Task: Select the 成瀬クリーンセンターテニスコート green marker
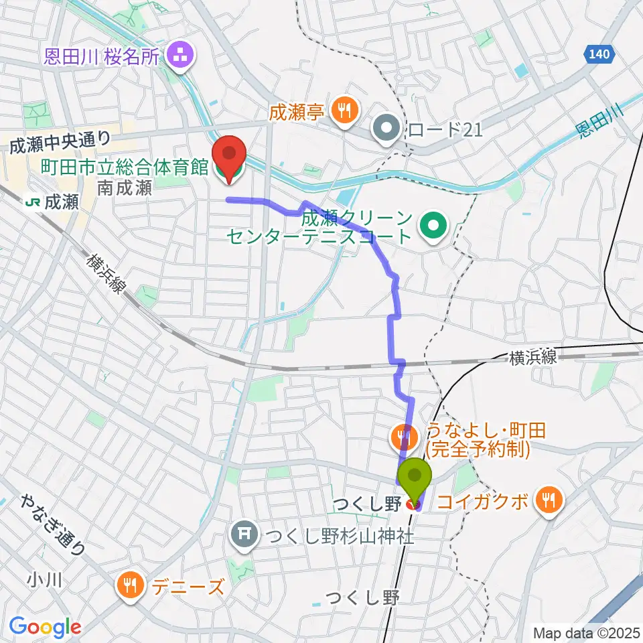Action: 433,226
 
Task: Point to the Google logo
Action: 45,628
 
